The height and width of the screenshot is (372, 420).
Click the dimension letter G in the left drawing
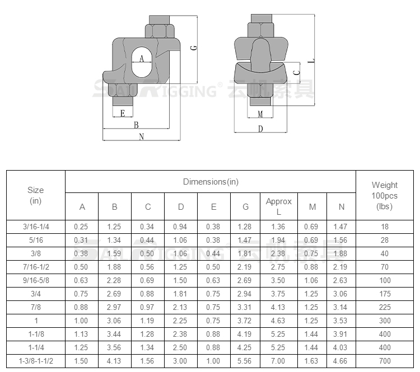[194, 48]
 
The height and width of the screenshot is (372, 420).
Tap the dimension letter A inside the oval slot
[142, 59]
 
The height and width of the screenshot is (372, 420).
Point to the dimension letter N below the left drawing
[142, 136]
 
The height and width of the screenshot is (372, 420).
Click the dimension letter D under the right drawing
[260, 129]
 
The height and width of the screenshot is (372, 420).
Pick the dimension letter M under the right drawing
[260, 114]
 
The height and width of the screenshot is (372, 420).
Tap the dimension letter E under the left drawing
[123, 114]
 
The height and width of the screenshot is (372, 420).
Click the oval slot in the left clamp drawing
[142, 62]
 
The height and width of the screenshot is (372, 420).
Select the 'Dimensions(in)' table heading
[211, 182]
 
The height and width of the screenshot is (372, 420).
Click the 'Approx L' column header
[278, 206]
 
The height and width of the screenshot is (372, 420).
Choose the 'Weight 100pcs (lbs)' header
[384, 196]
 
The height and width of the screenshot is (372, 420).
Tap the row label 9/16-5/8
[36, 280]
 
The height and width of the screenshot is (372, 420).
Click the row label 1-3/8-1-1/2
[36, 361]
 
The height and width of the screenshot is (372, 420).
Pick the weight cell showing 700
[385, 361]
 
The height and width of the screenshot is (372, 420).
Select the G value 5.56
[244, 361]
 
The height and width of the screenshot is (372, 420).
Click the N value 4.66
[340, 361]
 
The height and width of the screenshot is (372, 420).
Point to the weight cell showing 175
[385, 294]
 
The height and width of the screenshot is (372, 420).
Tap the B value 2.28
[114, 280]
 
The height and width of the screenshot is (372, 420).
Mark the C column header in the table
[148, 207]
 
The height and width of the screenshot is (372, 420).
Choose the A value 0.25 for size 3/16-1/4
[81, 227]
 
